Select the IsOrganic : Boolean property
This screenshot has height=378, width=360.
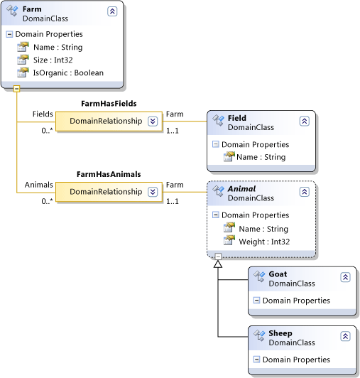[x=67, y=72]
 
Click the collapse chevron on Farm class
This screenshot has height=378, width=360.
[x=112, y=11]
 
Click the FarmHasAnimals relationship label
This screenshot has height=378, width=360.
[x=108, y=173]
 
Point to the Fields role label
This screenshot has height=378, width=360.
[x=43, y=114]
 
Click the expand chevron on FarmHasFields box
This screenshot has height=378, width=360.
[x=152, y=121]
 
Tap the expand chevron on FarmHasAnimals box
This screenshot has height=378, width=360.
[x=152, y=192]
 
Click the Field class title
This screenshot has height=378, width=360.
[x=237, y=117]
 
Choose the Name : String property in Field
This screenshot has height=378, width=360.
[x=261, y=157]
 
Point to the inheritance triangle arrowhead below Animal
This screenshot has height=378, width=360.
[x=218, y=264]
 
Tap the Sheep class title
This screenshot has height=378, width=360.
[x=280, y=333]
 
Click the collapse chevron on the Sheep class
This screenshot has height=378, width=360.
[x=345, y=337]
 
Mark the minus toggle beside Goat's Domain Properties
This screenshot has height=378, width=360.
[x=256, y=301]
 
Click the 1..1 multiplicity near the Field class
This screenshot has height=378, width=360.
[x=173, y=130]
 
